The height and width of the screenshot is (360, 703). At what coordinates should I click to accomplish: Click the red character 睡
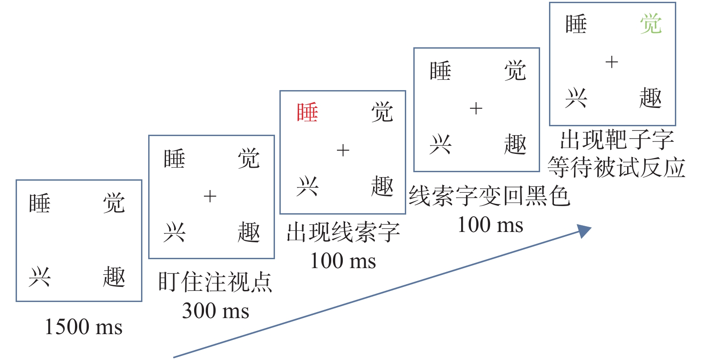307,112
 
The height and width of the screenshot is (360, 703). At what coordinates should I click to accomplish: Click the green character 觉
650,24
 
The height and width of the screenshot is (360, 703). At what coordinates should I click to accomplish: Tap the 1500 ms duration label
83,327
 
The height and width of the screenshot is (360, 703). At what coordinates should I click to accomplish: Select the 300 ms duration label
216,311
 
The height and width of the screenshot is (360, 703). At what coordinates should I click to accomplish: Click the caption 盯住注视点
215,282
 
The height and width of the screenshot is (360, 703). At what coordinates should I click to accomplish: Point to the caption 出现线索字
343,232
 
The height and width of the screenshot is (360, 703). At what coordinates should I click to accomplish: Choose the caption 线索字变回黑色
490,196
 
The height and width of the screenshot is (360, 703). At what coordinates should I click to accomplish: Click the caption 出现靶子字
617,140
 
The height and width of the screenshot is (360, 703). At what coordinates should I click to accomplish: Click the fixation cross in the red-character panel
343,150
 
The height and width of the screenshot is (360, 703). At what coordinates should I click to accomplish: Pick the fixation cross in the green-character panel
611,62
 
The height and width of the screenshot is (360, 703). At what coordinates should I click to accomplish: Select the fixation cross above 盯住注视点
210,196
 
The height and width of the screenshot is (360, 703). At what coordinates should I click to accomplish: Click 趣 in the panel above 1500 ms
114,277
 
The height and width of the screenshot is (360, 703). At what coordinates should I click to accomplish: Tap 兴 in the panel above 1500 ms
40,277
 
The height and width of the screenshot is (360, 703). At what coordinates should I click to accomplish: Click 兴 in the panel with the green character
576,98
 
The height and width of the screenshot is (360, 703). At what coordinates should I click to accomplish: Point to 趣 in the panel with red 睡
382,186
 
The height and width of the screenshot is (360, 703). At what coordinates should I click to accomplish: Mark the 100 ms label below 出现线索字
343,261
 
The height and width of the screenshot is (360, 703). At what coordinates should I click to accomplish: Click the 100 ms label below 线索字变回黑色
490,225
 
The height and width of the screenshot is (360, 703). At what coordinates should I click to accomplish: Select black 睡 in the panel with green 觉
576,24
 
